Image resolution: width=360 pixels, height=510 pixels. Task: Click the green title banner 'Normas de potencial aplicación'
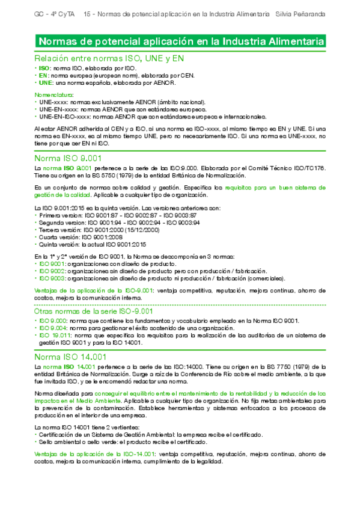coord(180,42)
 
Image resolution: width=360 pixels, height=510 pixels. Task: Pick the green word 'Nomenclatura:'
coord(55,96)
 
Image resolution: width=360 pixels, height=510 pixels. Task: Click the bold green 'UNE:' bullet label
coord(46,83)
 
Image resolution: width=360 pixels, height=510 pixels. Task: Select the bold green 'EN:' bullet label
coord(44,76)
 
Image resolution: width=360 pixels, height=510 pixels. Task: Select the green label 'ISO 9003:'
coord(52,278)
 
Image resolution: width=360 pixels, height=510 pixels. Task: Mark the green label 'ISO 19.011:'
coord(55,336)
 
